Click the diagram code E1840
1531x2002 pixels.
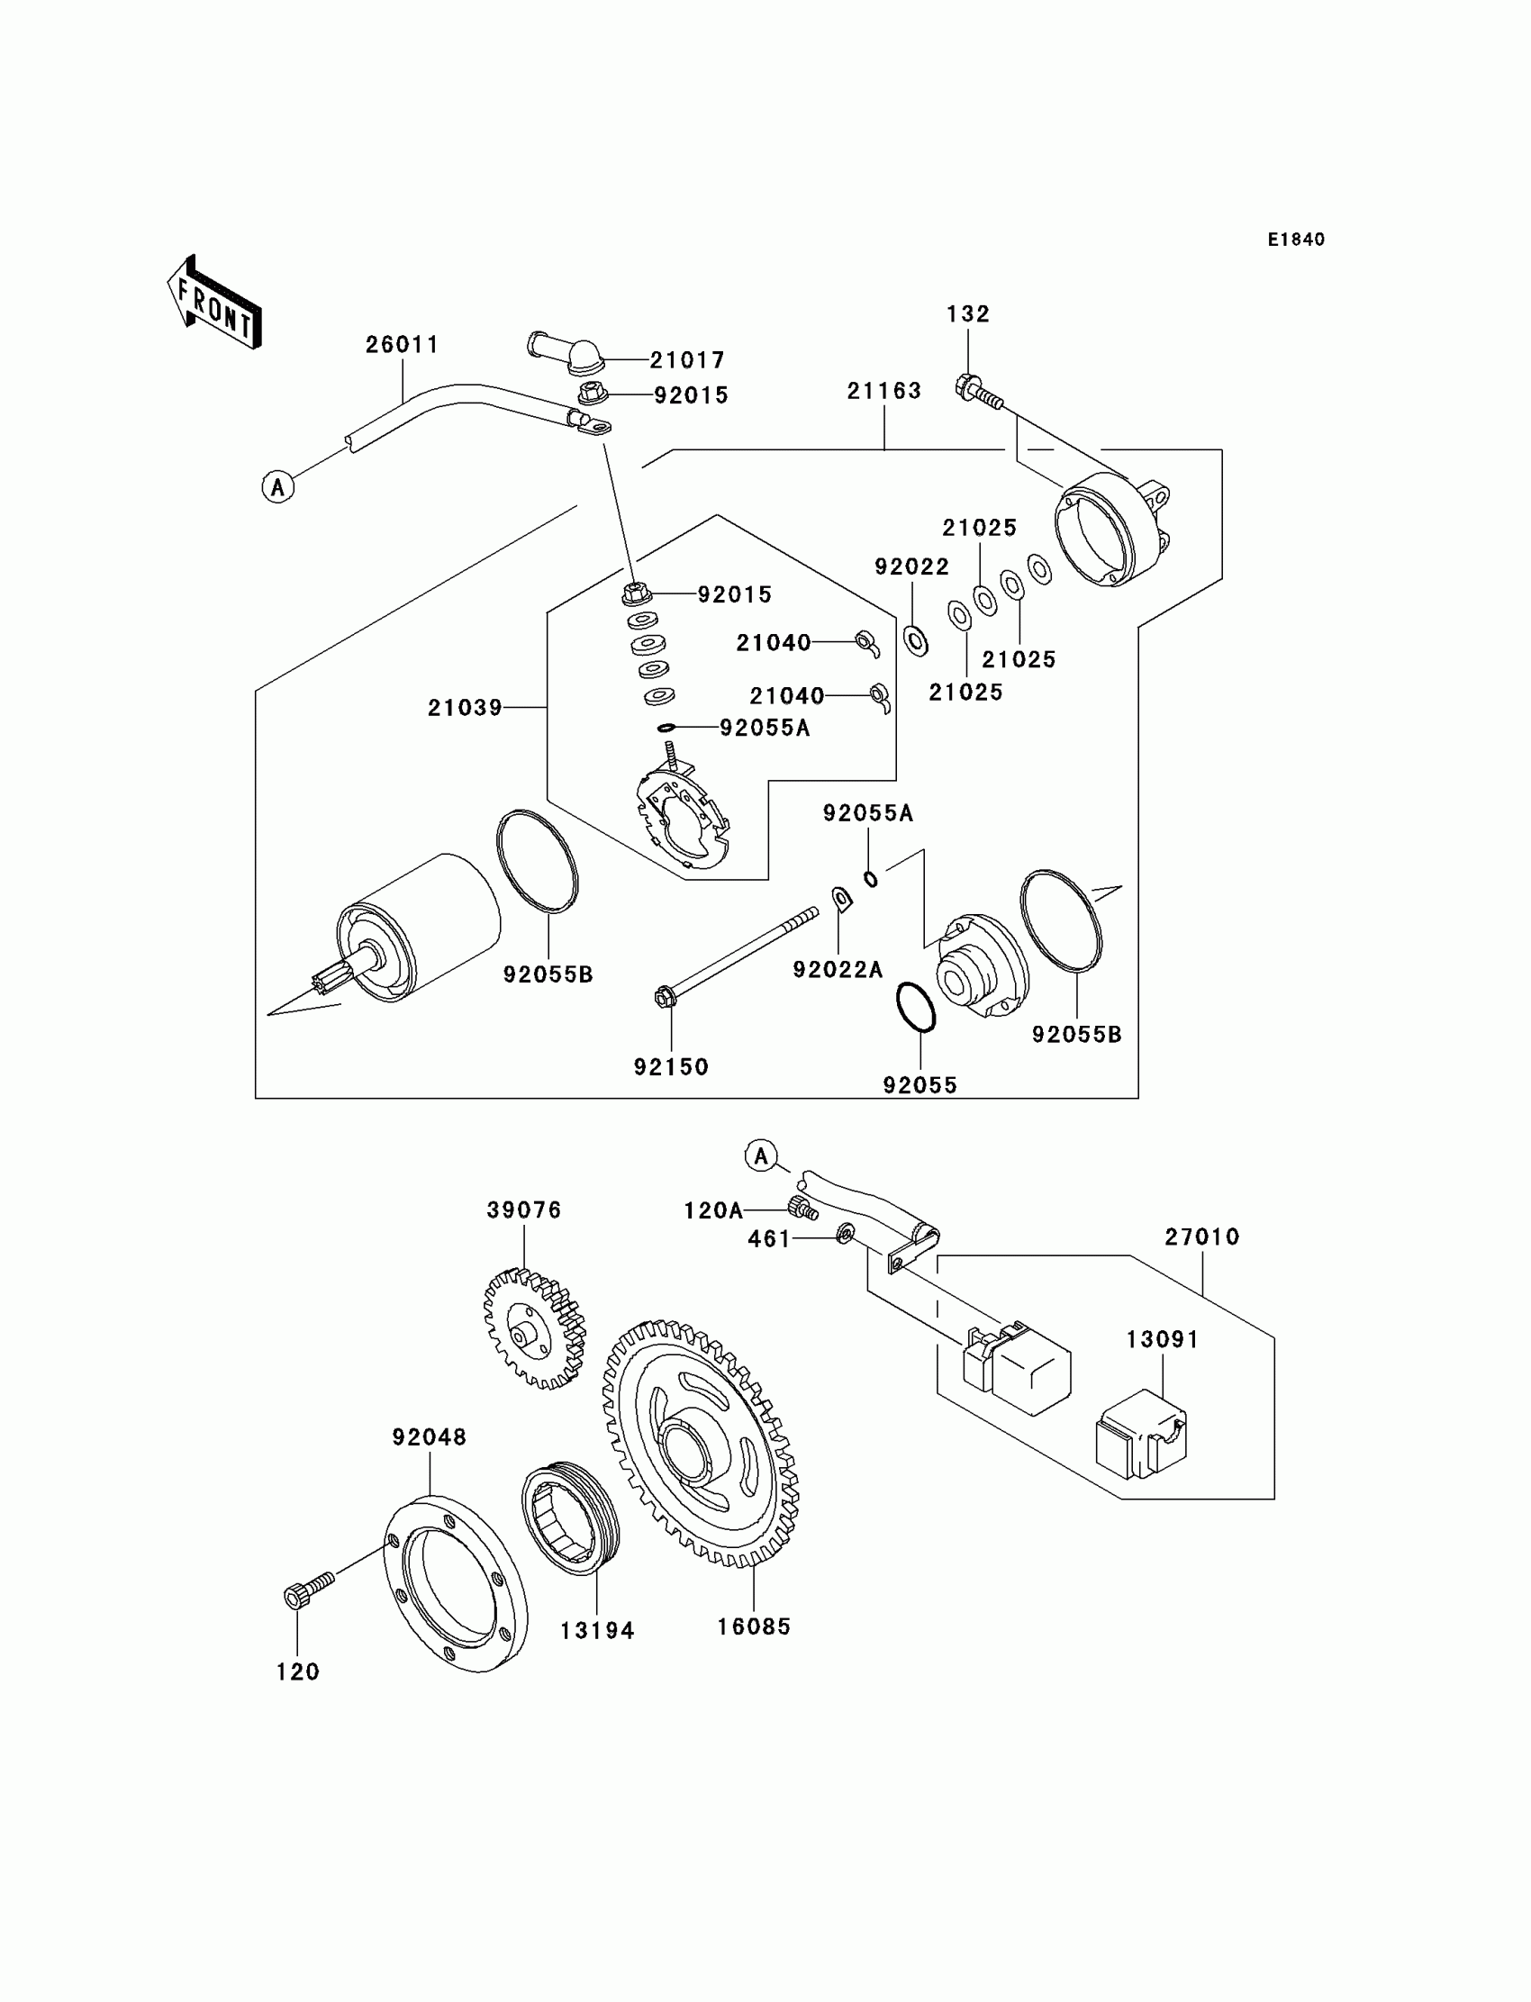(x=1296, y=240)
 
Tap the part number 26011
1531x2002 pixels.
(x=402, y=344)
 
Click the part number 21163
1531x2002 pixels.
(x=884, y=390)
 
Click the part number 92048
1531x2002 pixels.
(x=430, y=1437)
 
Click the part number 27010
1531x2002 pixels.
(x=1202, y=1237)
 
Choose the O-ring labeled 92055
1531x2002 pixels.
(x=916, y=1007)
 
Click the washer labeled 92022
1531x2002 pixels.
(x=915, y=639)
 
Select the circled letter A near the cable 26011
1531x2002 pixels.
(x=278, y=486)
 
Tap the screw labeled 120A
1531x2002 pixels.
(x=802, y=1209)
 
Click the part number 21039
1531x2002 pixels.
(x=465, y=707)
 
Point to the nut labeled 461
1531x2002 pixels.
(x=845, y=1235)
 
